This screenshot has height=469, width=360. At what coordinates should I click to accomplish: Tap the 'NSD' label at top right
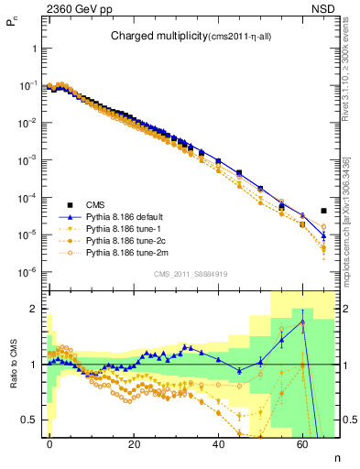click(x=325, y=12)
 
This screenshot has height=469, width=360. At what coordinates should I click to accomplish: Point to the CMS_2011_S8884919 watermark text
click(x=190, y=274)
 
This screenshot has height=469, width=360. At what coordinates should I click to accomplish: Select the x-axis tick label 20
click(x=134, y=444)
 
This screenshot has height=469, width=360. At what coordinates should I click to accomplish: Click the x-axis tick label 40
click(x=218, y=444)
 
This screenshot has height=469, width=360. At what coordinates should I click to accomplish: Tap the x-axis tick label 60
click(x=302, y=444)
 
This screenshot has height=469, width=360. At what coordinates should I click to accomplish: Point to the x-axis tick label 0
click(x=49, y=444)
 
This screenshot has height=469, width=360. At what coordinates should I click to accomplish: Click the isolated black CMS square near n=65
click(x=323, y=211)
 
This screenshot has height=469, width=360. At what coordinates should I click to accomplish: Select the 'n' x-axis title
click(x=335, y=455)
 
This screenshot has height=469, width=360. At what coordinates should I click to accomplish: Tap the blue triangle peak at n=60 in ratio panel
click(x=302, y=323)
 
